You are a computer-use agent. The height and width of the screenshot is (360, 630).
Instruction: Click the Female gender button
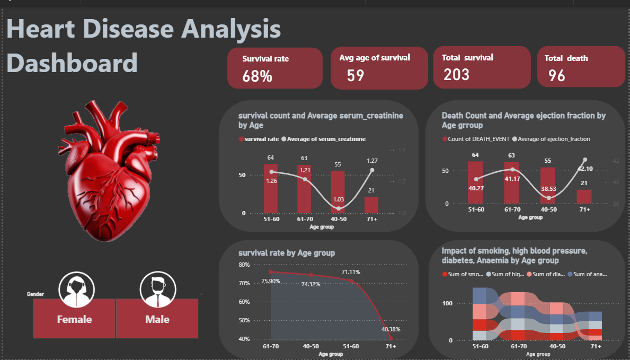click(x=74, y=319)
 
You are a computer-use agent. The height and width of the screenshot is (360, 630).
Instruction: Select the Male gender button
click(x=157, y=319)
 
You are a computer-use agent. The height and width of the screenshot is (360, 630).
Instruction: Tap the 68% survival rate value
click(x=257, y=76)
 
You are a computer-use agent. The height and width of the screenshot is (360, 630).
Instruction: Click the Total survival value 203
click(x=457, y=74)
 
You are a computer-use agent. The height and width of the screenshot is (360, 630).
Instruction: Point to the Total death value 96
click(x=557, y=76)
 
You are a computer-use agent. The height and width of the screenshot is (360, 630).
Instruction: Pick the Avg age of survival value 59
click(x=356, y=75)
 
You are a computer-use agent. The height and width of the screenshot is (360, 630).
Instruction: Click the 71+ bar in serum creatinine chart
click(x=371, y=205)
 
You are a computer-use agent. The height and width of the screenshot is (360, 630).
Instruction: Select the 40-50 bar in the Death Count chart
click(x=548, y=185)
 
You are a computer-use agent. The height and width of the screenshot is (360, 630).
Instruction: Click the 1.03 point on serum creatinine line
click(x=338, y=208)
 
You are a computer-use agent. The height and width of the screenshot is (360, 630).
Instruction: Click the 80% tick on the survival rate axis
click(x=244, y=265)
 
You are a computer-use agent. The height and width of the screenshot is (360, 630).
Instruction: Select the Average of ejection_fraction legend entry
click(x=553, y=139)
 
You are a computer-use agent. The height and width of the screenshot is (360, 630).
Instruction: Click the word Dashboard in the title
click(x=72, y=63)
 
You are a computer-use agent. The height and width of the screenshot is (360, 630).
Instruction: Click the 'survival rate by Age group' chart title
click(x=287, y=253)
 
